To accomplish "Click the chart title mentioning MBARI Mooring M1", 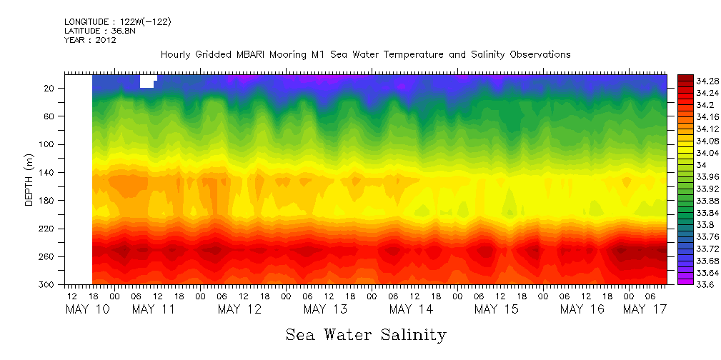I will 365,54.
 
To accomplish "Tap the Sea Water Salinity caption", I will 366,334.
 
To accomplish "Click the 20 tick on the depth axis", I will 50,89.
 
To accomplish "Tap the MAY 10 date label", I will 87,309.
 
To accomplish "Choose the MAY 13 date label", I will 325,309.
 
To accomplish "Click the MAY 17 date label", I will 645,309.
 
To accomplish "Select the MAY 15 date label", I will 497,309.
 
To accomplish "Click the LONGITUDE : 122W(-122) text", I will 117,22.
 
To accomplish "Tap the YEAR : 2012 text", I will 90,40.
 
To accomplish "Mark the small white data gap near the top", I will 147,81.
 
